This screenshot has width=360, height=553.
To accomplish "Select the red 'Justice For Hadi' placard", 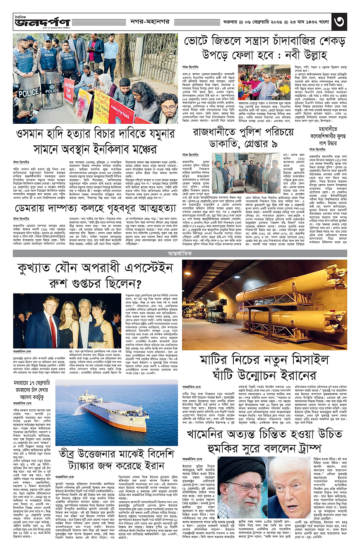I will (120, 112).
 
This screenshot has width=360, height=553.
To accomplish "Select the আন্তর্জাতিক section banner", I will (180, 252).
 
